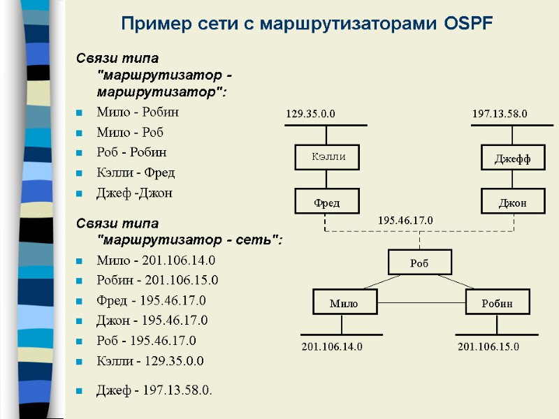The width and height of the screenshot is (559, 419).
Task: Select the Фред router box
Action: coord(326,203)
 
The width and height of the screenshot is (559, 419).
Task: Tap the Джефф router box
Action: coord(513,159)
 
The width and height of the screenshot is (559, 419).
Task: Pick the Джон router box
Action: coord(513,203)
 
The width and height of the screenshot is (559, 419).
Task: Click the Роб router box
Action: coord(419,263)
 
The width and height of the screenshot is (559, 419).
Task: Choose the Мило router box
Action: coord(344,303)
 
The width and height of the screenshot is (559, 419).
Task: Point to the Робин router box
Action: coord(498,303)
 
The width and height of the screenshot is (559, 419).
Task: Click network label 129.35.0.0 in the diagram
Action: coord(311,113)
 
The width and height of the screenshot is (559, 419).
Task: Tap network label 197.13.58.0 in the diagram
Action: coord(500,113)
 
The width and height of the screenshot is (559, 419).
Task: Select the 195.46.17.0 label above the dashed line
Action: coord(405,220)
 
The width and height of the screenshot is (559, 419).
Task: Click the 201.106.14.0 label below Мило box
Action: coord(332,346)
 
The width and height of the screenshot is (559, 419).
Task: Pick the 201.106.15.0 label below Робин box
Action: coord(488,346)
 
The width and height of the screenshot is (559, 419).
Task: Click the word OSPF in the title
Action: coord(468,24)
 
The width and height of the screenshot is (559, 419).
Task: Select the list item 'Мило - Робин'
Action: coord(138,112)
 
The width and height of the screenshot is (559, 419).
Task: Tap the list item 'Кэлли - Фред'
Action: coord(136,172)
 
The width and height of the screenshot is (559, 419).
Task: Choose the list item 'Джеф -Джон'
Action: coord(134,193)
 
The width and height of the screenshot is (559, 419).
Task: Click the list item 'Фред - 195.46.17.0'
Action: coord(152,300)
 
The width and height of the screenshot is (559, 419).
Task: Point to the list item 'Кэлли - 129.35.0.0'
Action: coord(150,361)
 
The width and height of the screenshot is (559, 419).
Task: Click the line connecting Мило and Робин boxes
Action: coord(421,302)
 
